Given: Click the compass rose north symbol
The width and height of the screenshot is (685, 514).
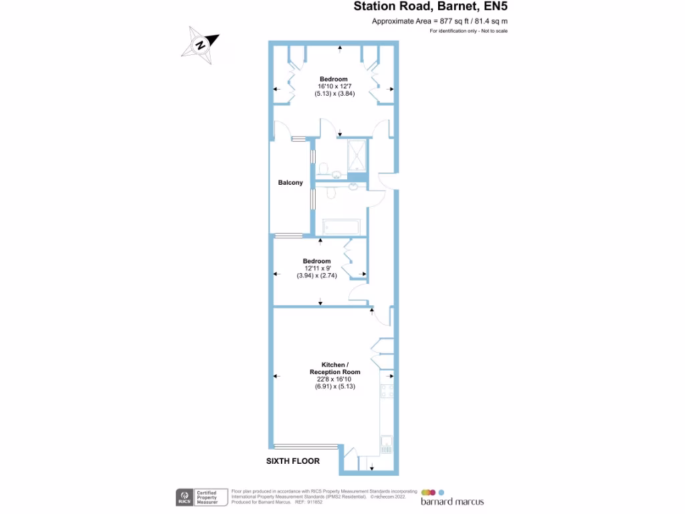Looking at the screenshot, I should click(x=200, y=46).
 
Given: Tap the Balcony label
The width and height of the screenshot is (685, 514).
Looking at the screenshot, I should click(x=290, y=183).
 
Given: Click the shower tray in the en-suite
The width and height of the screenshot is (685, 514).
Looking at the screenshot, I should click(x=357, y=155).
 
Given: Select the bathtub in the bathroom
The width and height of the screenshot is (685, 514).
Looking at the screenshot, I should click(x=341, y=228).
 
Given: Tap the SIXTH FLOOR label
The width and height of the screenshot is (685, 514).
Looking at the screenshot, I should click(x=293, y=461).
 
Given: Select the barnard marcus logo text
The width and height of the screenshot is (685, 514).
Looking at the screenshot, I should click(x=452, y=501).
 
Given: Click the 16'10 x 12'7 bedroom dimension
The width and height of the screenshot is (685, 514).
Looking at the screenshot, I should click(x=334, y=86).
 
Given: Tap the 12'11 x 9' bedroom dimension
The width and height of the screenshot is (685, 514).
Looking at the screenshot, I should click(x=316, y=268).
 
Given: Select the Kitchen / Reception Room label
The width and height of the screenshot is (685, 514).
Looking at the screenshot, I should click(x=334, y=368).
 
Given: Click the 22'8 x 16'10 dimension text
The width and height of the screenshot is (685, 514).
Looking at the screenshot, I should click(x=334, y=379).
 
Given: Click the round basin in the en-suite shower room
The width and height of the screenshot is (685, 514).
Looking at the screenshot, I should click(x=336, y=175).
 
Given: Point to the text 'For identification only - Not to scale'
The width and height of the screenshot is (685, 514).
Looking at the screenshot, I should click(x=468, y=31).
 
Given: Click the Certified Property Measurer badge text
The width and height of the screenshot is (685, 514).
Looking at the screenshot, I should click(x=207, y=497).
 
